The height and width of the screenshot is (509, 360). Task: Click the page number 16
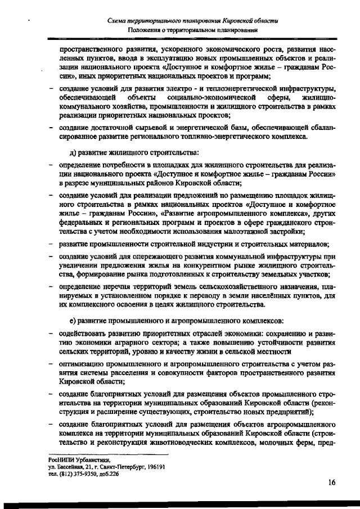(332, 482)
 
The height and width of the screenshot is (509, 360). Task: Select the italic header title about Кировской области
(193, 20)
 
